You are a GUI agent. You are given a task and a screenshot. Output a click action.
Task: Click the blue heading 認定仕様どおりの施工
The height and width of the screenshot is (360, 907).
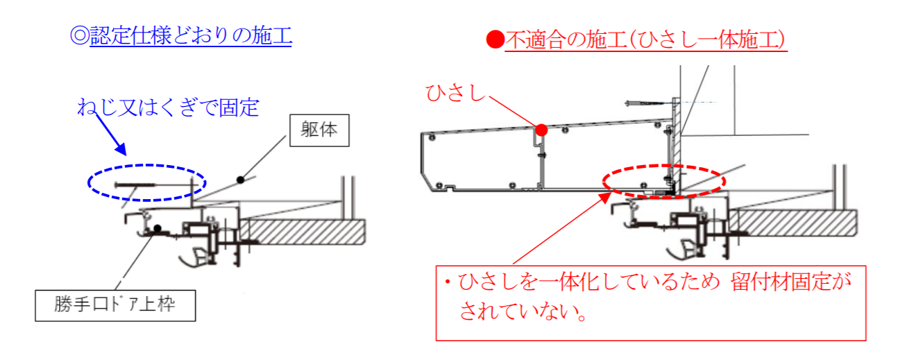[191, 35]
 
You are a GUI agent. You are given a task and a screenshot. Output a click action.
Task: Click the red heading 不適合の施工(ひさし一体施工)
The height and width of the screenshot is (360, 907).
[646, 40]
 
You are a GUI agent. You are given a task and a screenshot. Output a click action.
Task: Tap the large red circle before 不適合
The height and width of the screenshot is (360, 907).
[495, 40]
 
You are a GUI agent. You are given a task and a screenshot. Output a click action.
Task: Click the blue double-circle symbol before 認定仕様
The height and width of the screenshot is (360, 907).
[79, 35]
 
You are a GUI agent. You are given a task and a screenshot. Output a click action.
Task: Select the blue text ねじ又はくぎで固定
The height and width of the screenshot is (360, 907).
[168, 108]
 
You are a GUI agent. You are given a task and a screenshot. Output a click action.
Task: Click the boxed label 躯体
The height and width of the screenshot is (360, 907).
[319, 130]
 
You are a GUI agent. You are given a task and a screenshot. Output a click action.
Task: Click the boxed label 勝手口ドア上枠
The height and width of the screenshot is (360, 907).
[115, 306]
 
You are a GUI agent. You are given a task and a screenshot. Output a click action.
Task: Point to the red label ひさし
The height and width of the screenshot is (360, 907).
[455, 93]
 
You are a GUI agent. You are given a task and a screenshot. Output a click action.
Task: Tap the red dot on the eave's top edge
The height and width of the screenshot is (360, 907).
[541, 130]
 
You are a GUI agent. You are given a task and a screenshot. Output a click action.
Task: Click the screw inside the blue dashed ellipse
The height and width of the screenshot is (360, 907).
[135, 185]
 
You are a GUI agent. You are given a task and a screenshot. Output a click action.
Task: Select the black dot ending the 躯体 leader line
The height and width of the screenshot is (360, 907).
[241, 180]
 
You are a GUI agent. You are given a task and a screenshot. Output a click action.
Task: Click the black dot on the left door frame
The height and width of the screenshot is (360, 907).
[158, 229]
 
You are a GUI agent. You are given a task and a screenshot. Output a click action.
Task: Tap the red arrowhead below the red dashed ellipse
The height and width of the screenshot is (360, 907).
[605, 198]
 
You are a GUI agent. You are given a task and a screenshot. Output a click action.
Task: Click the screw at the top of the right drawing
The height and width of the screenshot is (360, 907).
[645, 103]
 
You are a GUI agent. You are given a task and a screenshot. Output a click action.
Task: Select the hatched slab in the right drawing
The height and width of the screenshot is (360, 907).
[792, 223]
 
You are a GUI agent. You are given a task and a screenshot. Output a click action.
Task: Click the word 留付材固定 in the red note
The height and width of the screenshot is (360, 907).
[781, 282]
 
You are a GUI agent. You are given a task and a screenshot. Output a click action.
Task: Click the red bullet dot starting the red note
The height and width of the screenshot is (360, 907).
[448, 282]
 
